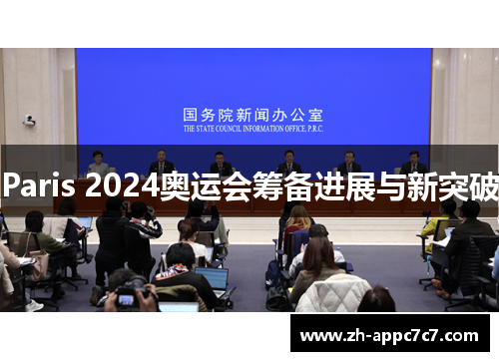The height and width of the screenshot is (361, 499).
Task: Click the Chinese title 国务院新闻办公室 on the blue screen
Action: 252,115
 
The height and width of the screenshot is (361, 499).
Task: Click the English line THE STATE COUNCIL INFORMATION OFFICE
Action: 252,129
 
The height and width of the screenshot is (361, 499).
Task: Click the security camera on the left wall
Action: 30,121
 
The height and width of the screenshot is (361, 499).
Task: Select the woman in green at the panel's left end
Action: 98,163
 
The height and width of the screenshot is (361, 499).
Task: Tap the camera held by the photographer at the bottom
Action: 128,296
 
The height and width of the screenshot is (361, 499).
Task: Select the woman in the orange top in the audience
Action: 297,224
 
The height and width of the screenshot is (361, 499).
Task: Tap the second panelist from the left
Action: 161,163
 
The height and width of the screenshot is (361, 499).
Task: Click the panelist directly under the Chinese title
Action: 222,163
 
